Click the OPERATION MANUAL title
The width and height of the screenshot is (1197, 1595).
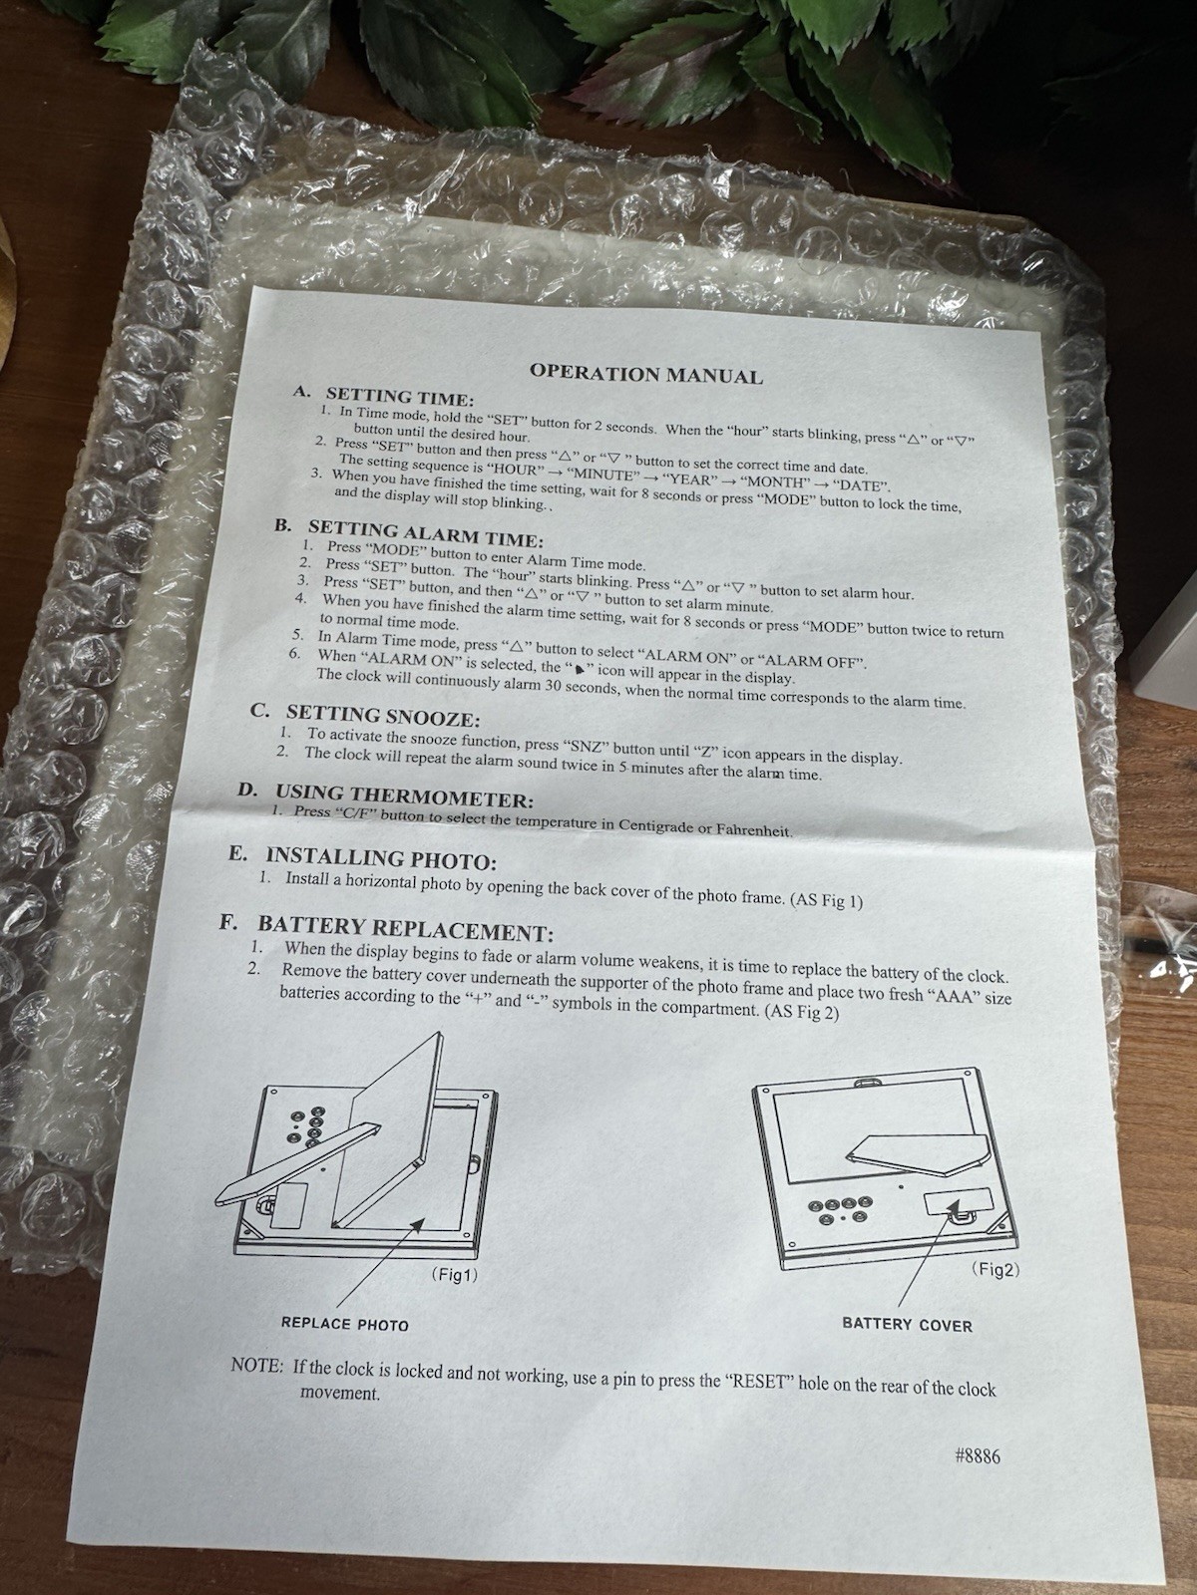[x=646, y=375]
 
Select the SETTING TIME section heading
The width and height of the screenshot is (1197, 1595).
[x=400, y=398]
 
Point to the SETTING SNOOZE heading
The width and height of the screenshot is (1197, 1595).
[x=383, y=717]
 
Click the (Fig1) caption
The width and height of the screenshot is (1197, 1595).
[x=454, y=1275]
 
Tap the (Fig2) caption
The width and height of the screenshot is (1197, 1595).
[x=996, y=1270]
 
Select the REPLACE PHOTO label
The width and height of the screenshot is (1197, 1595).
[x=344, y=1325]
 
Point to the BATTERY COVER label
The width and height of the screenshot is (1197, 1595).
[x=907, y=1325]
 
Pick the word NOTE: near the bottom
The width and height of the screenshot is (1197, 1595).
[x=256, y=1366]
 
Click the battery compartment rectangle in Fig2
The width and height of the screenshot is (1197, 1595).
[x=958, y=1202]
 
